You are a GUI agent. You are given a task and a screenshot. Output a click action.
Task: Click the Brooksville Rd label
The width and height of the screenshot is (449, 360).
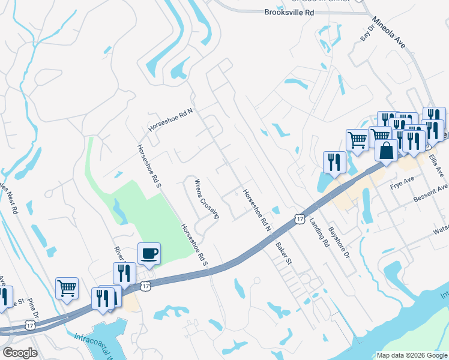pos(289,12)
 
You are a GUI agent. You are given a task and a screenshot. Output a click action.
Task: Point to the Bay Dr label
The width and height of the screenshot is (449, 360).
pos(367,33)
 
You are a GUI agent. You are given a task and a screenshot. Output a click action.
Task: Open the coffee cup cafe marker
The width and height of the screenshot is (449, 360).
pos(149,253)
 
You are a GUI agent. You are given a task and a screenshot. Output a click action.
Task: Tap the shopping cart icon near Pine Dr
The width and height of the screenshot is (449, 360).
pos(67,287)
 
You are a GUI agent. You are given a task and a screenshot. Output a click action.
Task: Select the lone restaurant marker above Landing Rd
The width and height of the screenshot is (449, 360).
pos(333,161)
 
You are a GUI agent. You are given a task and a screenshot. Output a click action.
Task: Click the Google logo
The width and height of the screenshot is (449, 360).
pos(20,352)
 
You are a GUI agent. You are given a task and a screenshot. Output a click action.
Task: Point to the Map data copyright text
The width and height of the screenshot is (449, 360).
pos(411,355)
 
